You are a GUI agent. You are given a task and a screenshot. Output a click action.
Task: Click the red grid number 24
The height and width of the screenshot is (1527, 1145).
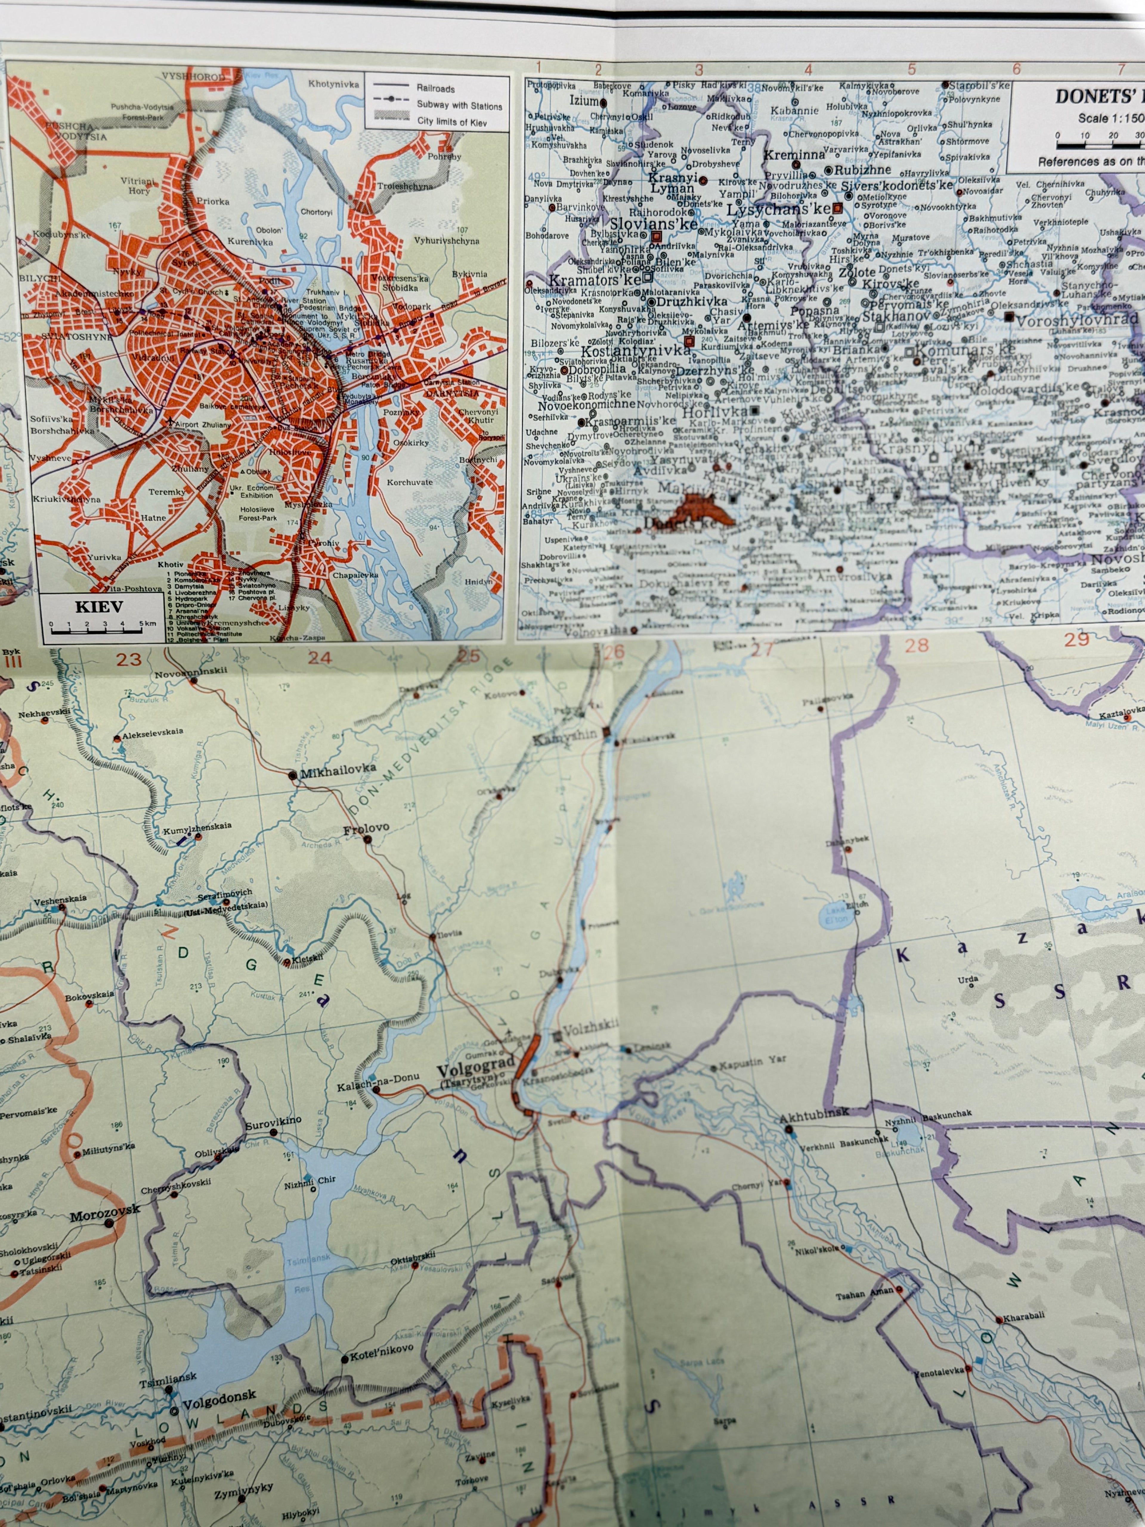click(x=319, y=657)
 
